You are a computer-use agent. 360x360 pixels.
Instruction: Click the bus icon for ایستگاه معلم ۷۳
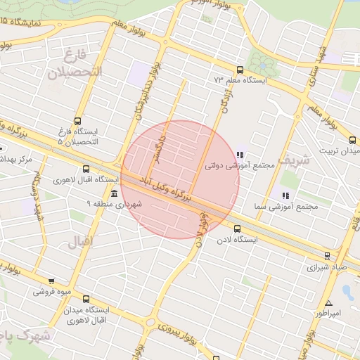(240, 70)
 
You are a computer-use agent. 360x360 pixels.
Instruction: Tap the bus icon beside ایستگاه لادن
(236, 229)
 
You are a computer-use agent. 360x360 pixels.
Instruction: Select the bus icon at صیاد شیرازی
(327, 255)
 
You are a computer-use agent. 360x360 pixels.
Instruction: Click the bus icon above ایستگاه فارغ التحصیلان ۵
(77, 120)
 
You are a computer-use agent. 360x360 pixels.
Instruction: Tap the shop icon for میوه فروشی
(51, 281)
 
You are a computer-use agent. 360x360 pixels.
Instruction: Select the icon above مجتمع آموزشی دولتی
(240, 155)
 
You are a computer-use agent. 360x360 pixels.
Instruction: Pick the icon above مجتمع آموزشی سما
(285, 195)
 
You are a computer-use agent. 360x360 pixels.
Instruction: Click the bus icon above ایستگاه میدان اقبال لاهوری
(86, 299)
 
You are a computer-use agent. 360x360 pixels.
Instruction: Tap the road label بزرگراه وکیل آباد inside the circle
(170, 188)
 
